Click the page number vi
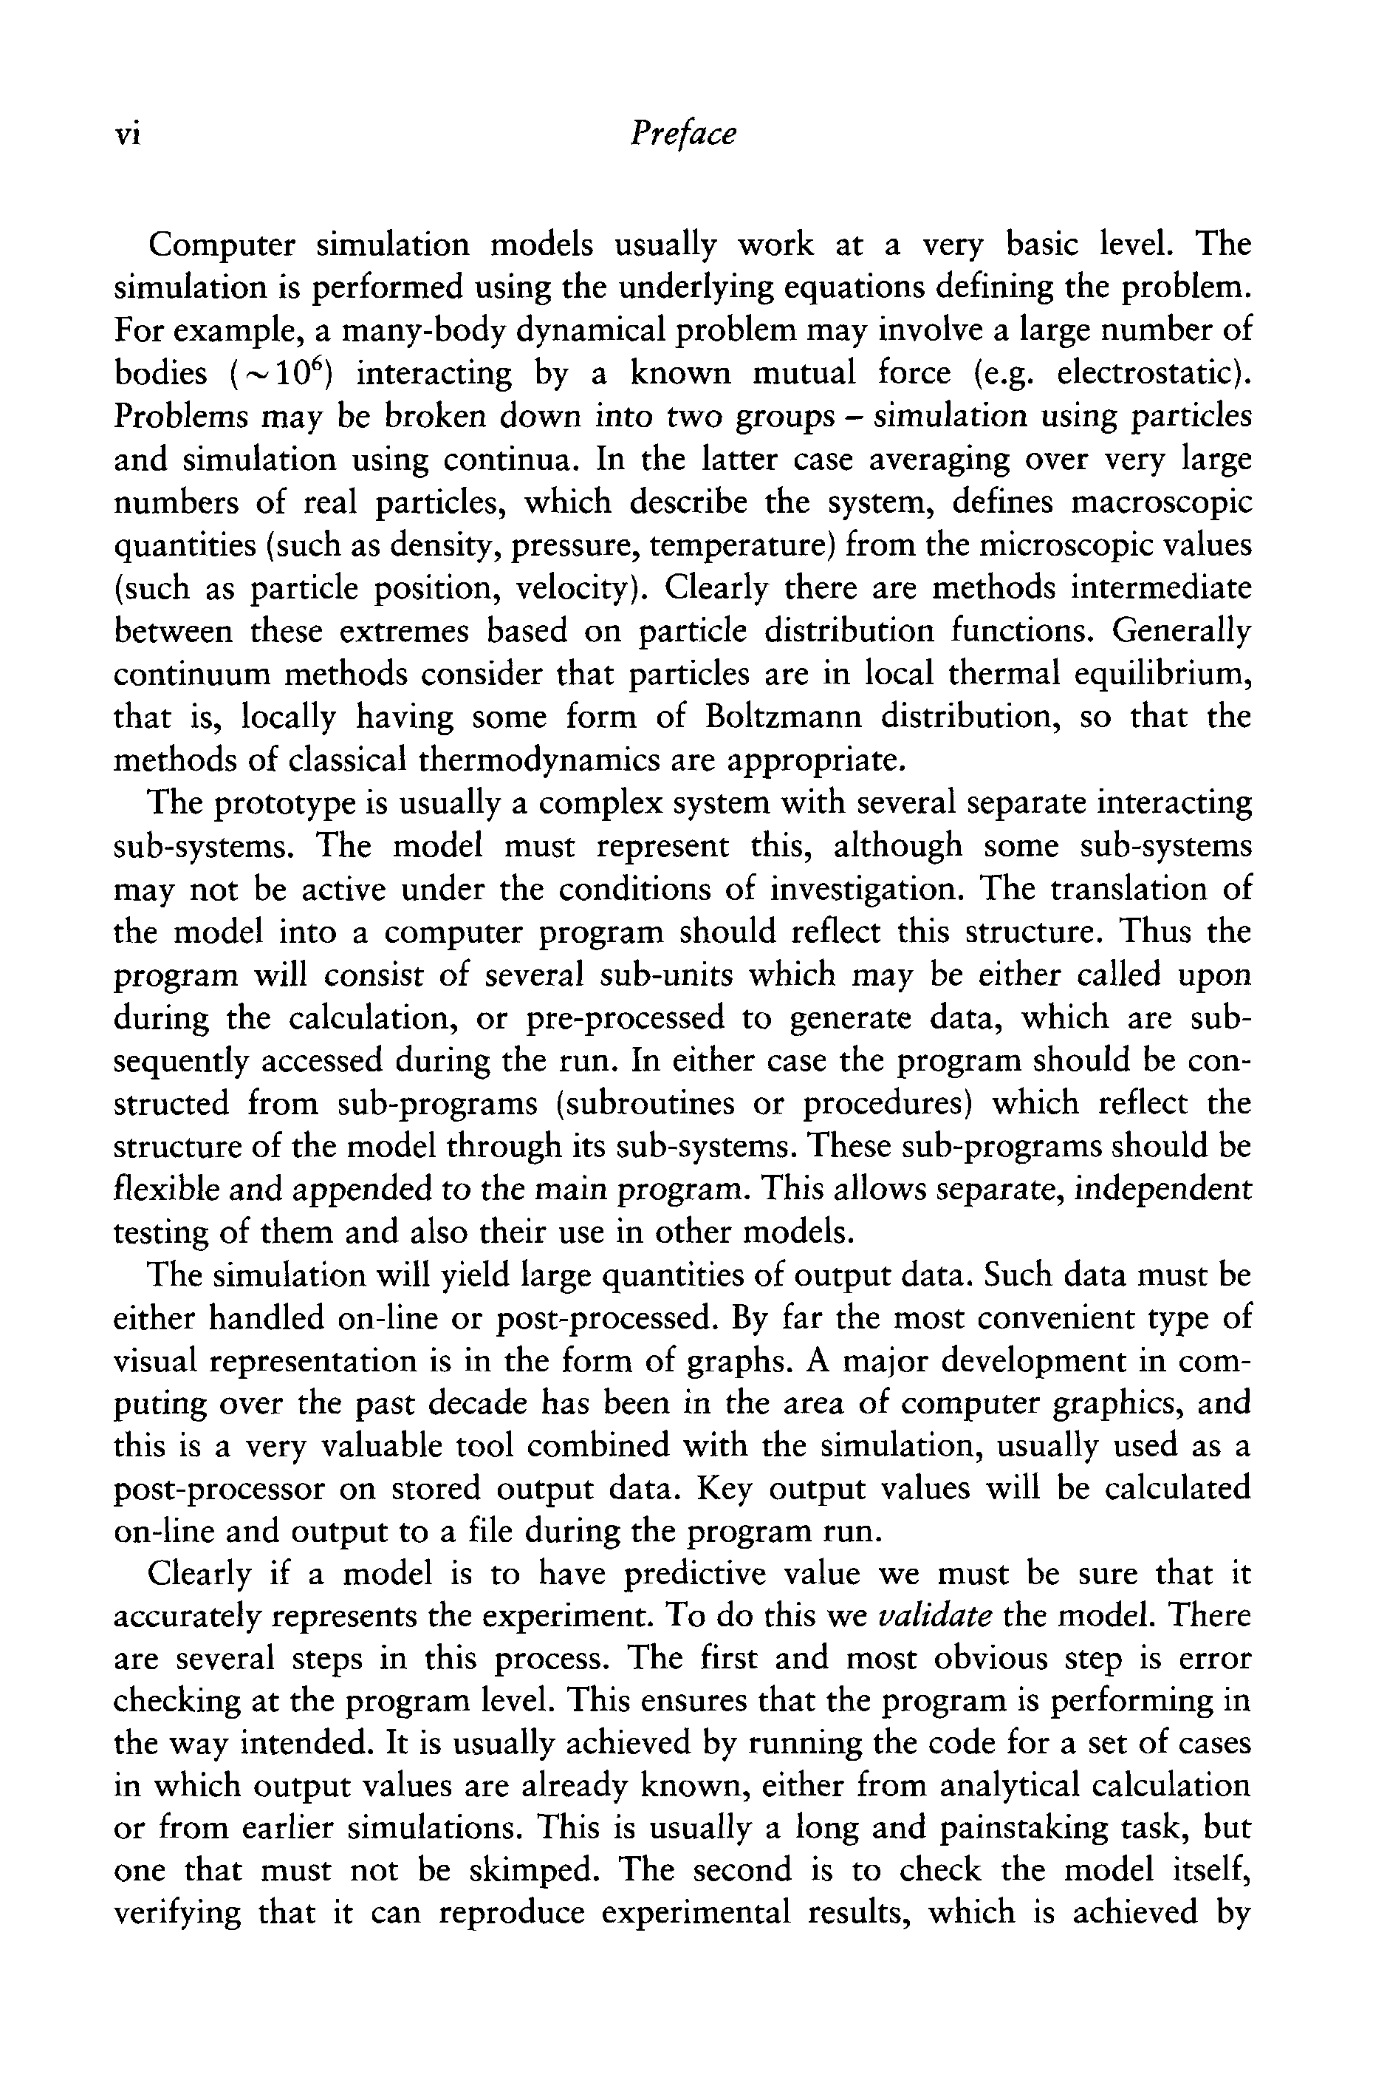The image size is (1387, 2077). pyautogui.click(x=129, y=134)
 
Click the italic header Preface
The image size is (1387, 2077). pyautogui.click(x=682, y=134)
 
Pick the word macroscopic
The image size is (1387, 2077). pyautogui.click(x=1162, y=502)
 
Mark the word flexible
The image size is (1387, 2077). pyautogui.click(x=166, y=1189)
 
